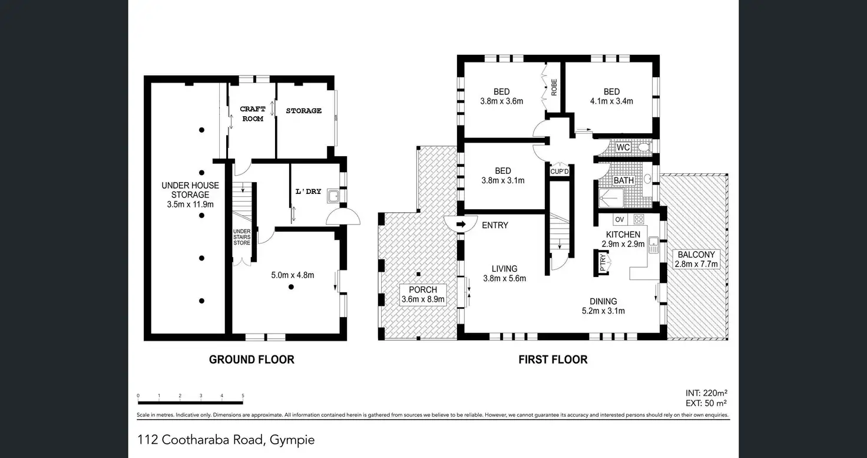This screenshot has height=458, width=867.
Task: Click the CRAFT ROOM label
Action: [x=253, y=114]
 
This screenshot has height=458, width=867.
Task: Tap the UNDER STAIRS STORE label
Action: [x=242, y=237]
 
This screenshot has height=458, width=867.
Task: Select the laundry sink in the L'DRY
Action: [x=333, y=196]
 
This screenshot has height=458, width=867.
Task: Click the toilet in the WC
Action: [x=644, y=147]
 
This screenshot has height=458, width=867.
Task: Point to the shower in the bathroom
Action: [x=611, y=199]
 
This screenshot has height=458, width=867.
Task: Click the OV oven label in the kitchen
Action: [x=620, y=220]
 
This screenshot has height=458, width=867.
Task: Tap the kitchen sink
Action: [x=654, y=245]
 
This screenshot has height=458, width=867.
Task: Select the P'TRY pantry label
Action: [x=603, y=263]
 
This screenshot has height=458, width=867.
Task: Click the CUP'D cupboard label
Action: [x=560, y=172]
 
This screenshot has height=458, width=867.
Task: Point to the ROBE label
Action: [x=554, y=88]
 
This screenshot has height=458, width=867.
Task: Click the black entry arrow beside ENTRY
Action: [x=461, y=225]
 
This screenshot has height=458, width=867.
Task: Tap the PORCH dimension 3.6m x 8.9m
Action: [x=423, y=299]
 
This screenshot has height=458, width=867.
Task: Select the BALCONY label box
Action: [x=696, y=259]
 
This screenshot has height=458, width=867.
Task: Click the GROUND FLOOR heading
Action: [x=252, y=360]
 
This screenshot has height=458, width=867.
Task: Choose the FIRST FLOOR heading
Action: [x=553, y=360]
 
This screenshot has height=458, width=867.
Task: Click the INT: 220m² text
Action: [x=706, y=393]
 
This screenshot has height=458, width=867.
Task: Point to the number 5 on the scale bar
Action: [x=243, y=396]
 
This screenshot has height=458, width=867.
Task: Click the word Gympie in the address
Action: [x=292, y=440]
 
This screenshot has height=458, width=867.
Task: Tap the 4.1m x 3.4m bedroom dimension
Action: [x=611, y=101]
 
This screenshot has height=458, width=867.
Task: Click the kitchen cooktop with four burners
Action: [x=638, y=220]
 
